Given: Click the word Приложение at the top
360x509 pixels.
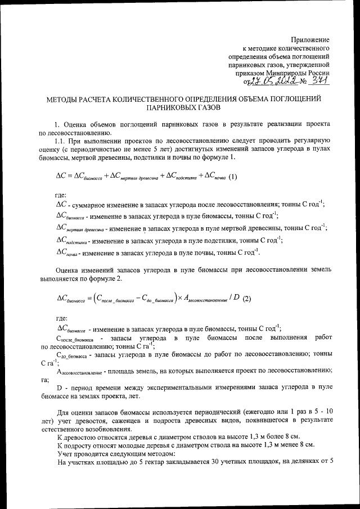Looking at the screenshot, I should point(310,39).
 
